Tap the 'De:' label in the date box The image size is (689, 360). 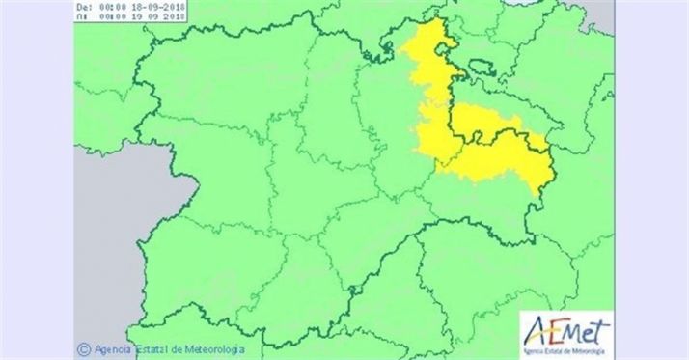tap(83, 5)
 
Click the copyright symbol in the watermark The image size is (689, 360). tap(84, 349)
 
